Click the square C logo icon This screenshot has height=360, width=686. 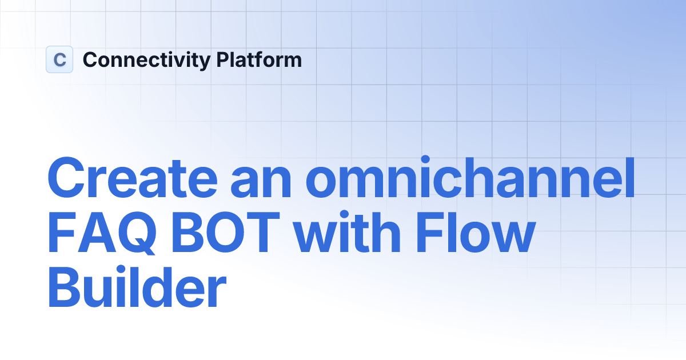click(x=59, y=59)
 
